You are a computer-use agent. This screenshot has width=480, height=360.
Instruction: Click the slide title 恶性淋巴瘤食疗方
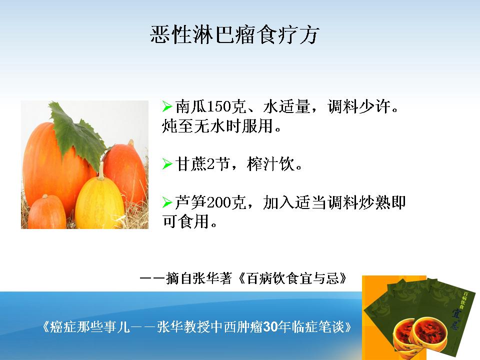[x=234, y=34]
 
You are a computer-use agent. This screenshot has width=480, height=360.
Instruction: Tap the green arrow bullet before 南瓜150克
[x=167, y=106]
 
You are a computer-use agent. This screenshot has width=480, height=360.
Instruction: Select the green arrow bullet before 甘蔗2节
[x=167, y=164]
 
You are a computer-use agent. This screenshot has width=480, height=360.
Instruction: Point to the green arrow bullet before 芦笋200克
[x=167, y=202]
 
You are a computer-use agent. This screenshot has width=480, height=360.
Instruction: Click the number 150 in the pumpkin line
[x=218, y=106]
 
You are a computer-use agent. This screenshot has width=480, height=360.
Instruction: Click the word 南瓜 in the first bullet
[x=191, y=106]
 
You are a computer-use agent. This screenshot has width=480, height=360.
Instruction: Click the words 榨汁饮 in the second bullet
[x=270, y=164]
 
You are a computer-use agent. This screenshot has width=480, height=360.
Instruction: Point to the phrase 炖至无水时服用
[x=217, y=126]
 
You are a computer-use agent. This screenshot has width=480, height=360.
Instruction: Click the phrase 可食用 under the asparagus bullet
[x=186, y=221]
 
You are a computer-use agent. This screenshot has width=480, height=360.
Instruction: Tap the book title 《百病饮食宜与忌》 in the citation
[x=293, y=278]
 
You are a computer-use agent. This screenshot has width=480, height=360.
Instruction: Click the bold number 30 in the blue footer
[x=270, y=327]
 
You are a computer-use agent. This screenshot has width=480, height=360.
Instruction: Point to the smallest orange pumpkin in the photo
[x=46, y=212]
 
